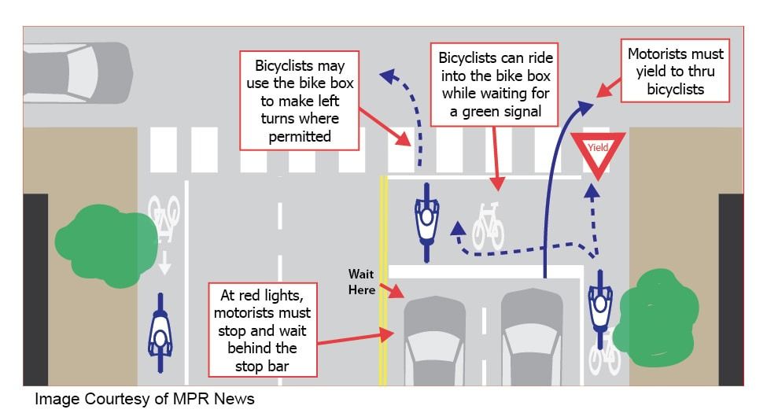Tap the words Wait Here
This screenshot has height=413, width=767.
click(x=363, y=281)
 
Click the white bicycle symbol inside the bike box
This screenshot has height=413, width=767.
click(x=488, y=226)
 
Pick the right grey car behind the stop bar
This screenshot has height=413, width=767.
click(x=532, y=338)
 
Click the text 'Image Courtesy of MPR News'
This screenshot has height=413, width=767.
click(x=145, y=399)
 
